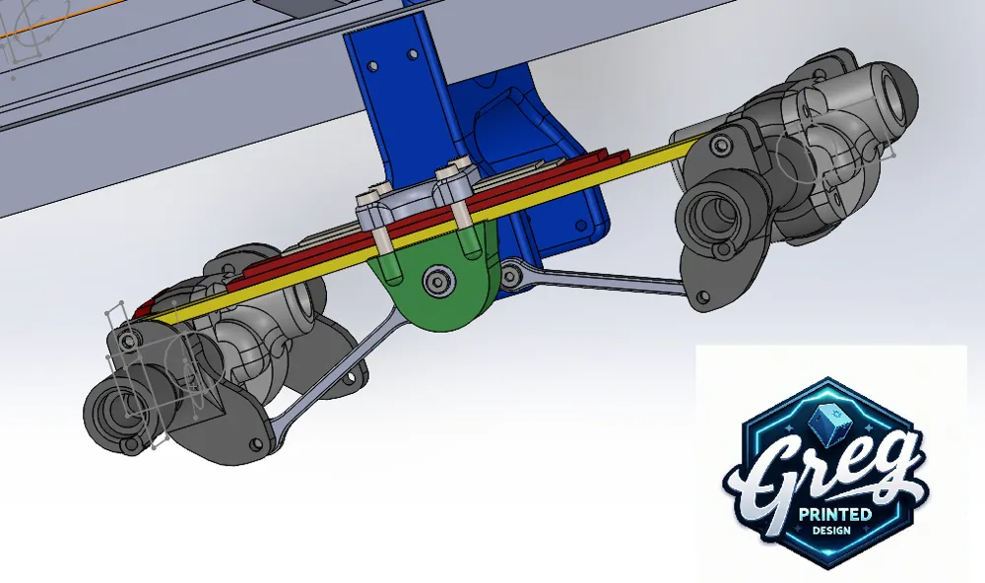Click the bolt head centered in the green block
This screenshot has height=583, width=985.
click(437, 283)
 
